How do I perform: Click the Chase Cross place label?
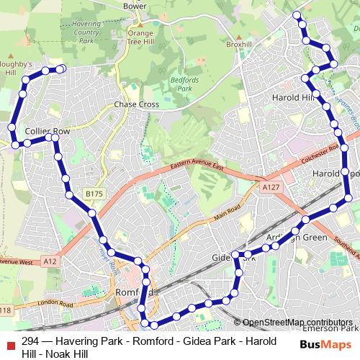pyautogui.click(x=136, y=104)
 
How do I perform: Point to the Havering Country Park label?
pyautogui.click(x=87, y=32)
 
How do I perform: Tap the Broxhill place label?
pyautogui.click(x=238, y=45)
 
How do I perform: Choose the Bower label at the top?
pyautogui.click(x=135, y=6)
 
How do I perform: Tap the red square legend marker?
pyautogui.click(x=9, y=342)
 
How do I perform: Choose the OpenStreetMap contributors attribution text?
pyautogui.click(x=297, y=323)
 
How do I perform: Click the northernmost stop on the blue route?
pyautogui.click(x=296, y=14)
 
